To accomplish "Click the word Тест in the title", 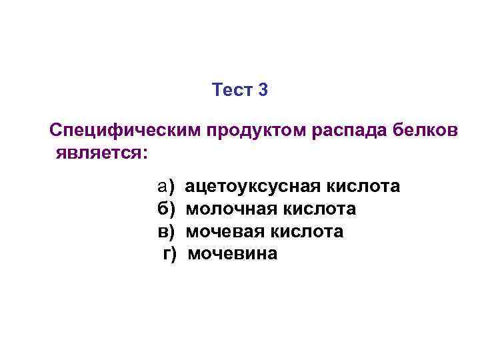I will click(x=231, y=89).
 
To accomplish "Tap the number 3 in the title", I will click(x=263, y=89).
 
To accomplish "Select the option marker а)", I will click(x=165, y=186).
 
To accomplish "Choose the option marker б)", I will click(x=165, y=209).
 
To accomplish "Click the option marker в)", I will click(x=165, y=232).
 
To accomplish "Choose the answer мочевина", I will click(x=232, y=255).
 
